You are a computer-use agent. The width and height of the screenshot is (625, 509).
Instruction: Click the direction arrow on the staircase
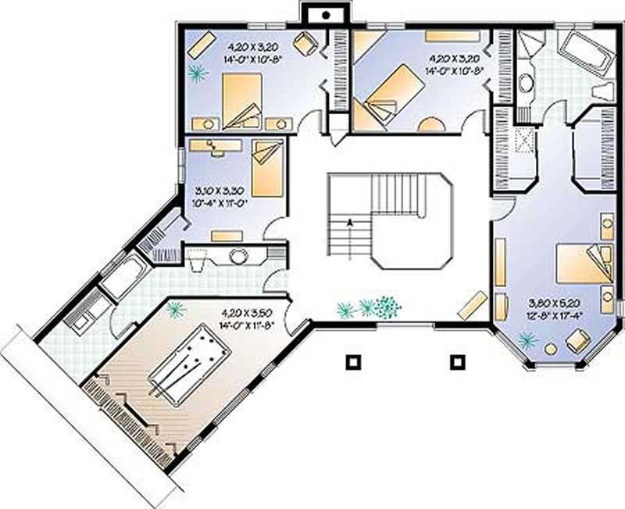pos(350,222)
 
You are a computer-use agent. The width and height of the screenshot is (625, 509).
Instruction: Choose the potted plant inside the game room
pos(176,310)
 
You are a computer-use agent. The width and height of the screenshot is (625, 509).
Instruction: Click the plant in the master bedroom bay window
pos(527,339)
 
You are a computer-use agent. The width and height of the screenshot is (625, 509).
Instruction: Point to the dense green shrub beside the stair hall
pos(385,307)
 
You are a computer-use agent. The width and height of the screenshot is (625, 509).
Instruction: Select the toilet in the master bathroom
pos(603,90)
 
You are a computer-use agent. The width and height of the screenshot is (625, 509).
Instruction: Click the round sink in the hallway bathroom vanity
pos(237,254)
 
